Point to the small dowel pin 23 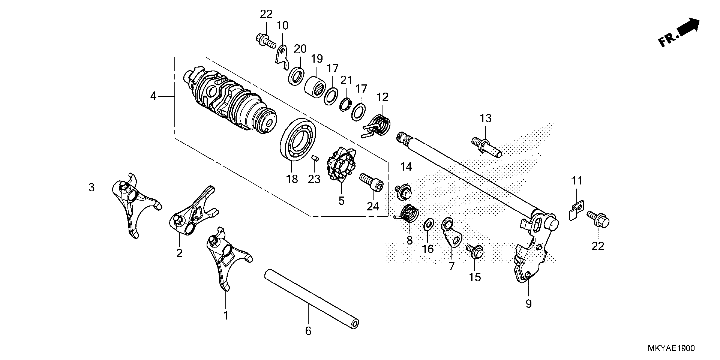pyautogui.click(x=315, y=159)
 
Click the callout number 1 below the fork pyautogui.click(x=226, y=316)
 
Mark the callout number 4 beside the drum pyautogui.click(x=153, y=96)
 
